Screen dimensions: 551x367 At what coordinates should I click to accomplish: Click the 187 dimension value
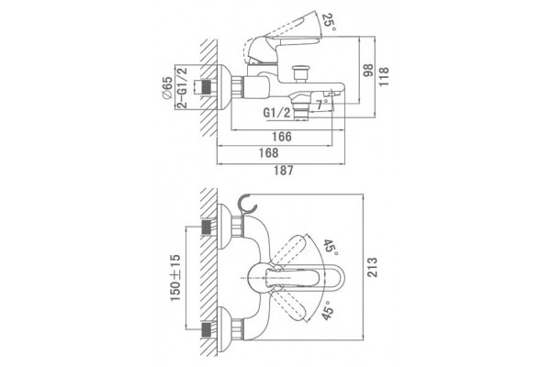[x=283, y=171]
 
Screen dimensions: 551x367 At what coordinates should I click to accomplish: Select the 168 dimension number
[x=268, y=153]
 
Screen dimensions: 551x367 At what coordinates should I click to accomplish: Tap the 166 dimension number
[x=282, y=137]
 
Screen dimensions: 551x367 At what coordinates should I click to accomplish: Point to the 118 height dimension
[x=383, y=77]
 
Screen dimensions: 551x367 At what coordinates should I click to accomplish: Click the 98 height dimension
[x=368, y=72]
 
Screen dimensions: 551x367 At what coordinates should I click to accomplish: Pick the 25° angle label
[x=329, y=22]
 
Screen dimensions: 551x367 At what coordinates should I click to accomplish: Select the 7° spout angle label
[x=321, y=105]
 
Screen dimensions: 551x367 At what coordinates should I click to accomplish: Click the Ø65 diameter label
[x=168, y=88]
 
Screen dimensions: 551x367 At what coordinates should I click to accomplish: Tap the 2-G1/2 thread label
[x=182, y=87]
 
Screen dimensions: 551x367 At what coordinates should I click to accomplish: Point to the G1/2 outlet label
[x=277, y=113]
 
